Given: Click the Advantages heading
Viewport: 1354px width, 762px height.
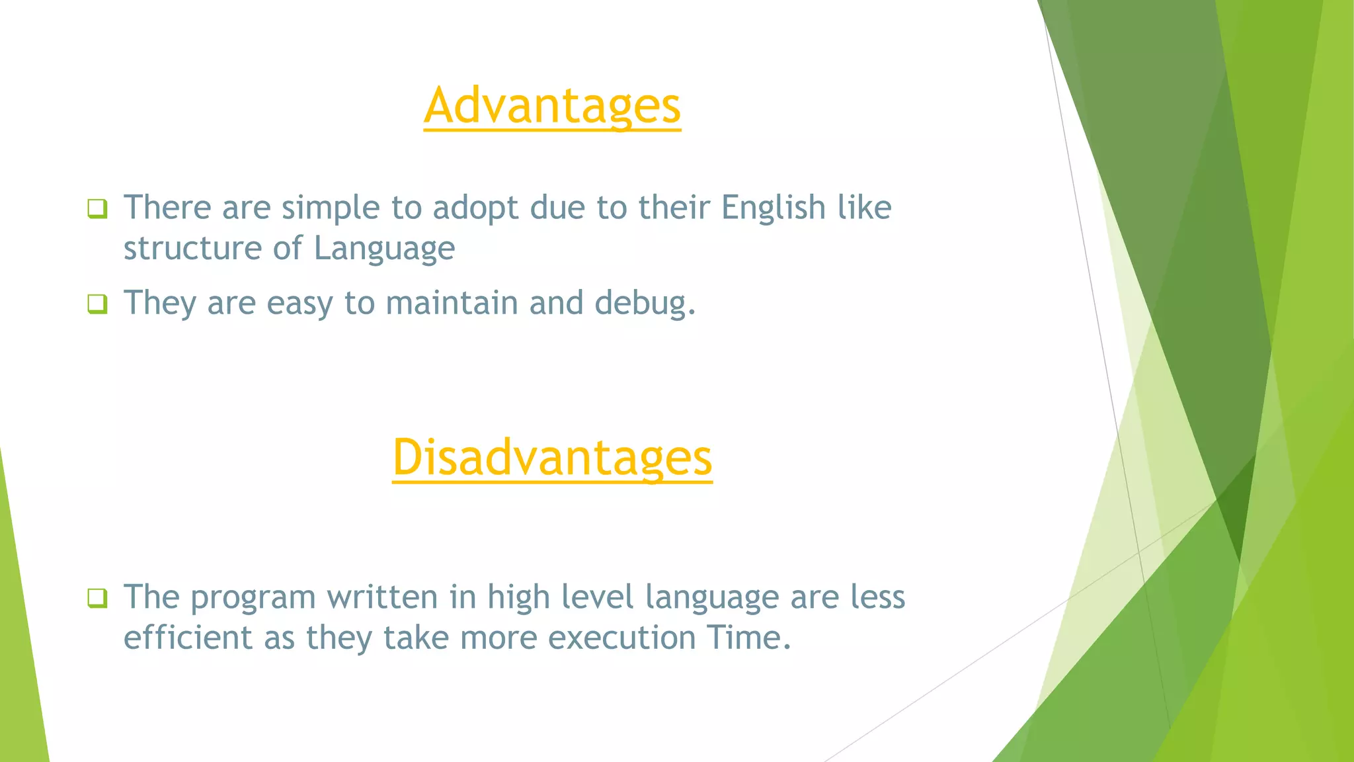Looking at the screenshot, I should pos(552,106).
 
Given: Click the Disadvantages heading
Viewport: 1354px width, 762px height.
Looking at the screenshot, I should pos(552,458).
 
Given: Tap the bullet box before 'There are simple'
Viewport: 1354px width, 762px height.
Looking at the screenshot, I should pos(97,209).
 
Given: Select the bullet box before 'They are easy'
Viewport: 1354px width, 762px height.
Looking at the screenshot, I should pos(97,304).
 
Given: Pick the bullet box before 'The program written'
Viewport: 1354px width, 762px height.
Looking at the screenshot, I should pos(97,598).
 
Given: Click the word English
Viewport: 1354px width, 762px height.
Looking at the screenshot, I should pos(773,208).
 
